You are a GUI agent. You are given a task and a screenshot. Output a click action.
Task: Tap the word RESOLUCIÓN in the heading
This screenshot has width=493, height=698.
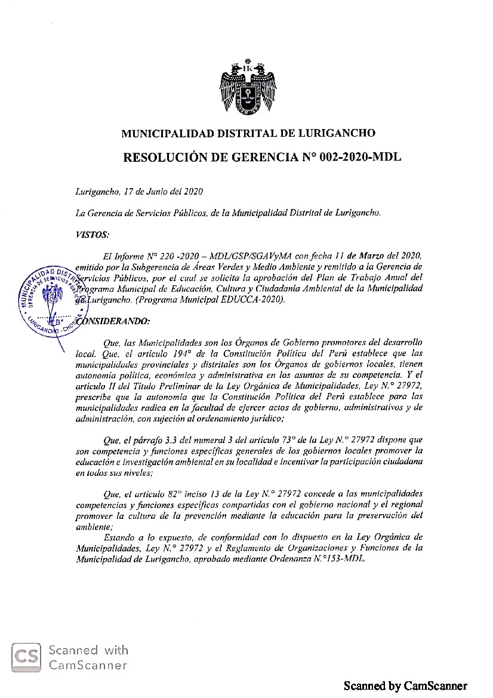[x=163, y=158]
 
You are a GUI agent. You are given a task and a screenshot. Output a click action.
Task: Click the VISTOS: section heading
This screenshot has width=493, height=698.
[x=93, y=235]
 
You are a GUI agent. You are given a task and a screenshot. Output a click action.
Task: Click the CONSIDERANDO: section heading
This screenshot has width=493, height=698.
[x=115, y=321]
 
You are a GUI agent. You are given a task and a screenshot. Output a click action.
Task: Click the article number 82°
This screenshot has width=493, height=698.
[x=177, y=494]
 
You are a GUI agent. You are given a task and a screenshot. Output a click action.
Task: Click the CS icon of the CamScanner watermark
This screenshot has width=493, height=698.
[x=27, y=657]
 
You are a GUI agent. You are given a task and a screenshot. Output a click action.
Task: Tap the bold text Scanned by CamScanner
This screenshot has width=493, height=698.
[x=405, y=686]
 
